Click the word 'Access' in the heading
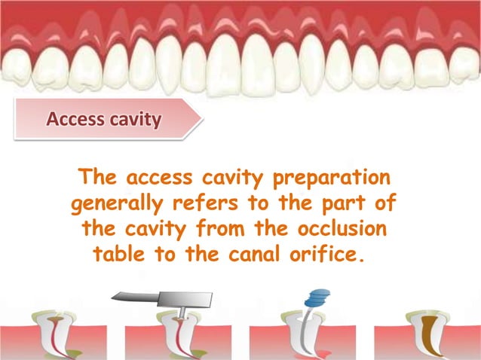[74, 119]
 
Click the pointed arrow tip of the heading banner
[198, 120]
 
